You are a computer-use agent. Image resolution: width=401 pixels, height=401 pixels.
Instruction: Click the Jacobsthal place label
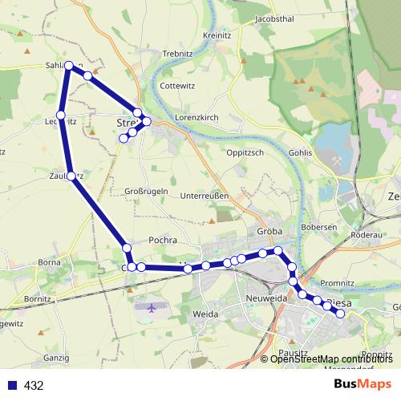(x=275, y=18)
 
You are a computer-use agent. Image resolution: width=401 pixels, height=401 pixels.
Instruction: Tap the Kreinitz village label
(x=217, y=36)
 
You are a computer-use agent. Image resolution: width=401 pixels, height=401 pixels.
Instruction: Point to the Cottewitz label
(x=177, y=85)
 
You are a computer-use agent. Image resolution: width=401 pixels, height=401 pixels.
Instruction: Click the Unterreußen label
(x=205, y=196)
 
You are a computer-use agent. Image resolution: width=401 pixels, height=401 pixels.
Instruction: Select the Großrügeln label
(x=147, y=190)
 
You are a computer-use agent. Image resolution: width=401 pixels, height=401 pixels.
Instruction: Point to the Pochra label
(x=163, y=240)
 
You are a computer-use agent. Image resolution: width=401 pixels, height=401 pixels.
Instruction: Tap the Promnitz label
(x=337, y=283)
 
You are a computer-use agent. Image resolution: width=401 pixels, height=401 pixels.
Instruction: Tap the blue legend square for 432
(x=12, y=385)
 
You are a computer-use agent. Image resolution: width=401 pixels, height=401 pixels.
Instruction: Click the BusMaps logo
(x=363, y=384)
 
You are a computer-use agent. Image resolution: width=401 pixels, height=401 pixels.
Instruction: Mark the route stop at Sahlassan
(x=69, y=65)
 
